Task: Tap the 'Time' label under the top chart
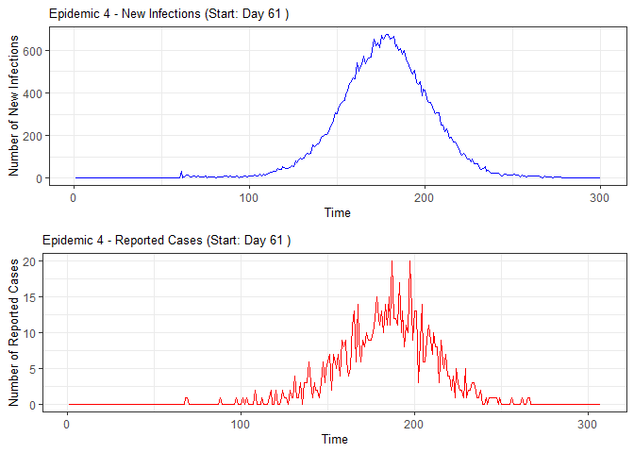[x=337, y=212]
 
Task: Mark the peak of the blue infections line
[x=387, y=35]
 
